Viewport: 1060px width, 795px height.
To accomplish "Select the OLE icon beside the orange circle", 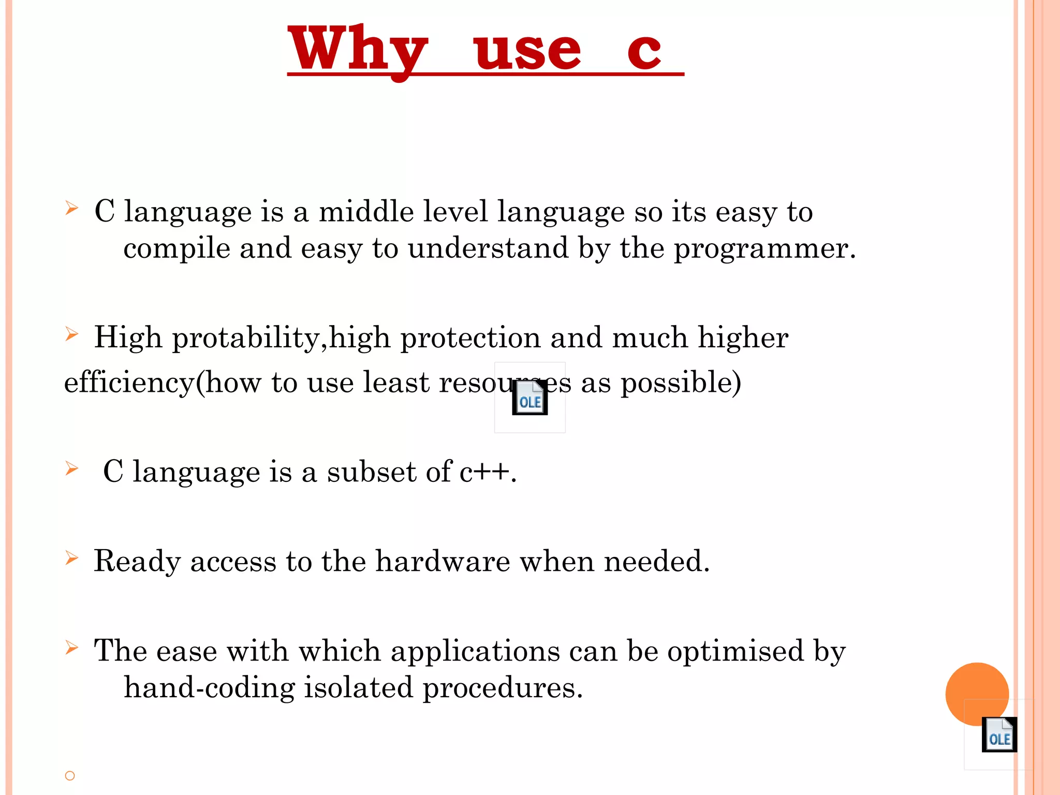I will click(x=999, y=734).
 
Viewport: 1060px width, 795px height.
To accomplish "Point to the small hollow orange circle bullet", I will click(x=70, y=775).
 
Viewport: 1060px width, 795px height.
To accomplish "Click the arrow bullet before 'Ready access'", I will click(x=71, y=558).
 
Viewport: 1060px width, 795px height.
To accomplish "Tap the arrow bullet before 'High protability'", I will click(x=71, y=334).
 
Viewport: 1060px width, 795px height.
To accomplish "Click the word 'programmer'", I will click(x=761, y=249).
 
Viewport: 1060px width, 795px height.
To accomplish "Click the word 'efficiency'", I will click(x=129, y=383).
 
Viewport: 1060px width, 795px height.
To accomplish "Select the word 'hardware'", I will click(x=443, y=561).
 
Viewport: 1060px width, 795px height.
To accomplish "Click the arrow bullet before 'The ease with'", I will click(x=71, y=647).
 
